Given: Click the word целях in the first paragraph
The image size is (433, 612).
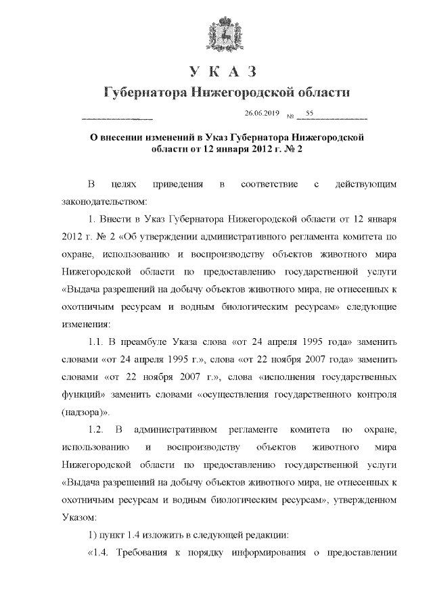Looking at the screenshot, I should pos(124,183).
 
